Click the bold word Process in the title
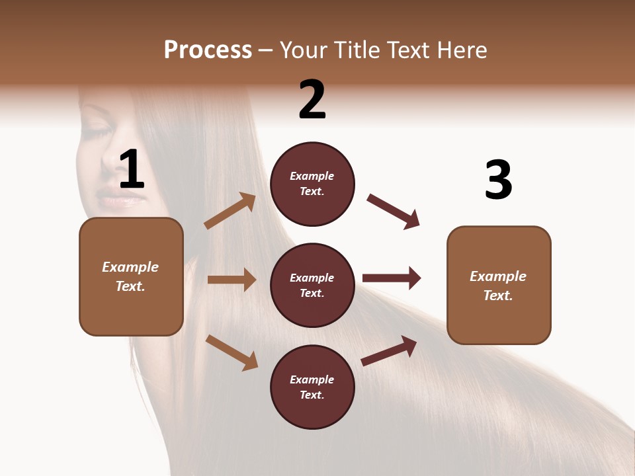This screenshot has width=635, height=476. click(x=208, y=50)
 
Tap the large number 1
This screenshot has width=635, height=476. click(x=132, y=169)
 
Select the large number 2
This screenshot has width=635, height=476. click(x=312, y=100)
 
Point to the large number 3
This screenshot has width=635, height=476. click(x=498, y=180)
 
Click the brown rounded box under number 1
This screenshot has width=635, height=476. click(x=131, y=276)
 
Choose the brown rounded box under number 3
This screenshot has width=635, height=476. click(x=499, y=285)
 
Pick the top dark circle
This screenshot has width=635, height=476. click(x=312, y=184)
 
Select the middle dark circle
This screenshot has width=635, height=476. click(x=312, y=285)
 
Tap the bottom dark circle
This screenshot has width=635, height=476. click(x=312, y=387)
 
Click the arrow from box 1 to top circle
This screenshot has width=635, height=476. click(x=230, y=211)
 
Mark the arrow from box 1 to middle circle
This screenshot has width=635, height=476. click(x=232, y=280)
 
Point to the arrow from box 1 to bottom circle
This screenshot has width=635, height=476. click(x=232, y=352)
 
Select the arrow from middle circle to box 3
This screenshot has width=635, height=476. click(x=392, y=278)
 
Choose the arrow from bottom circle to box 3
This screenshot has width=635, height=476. click(x=390, y=350)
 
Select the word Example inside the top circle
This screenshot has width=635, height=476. click(x=312, y=177)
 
